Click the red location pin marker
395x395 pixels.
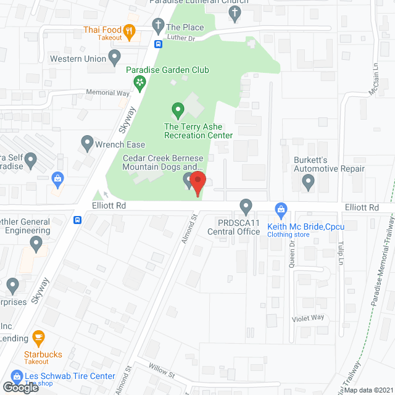(197, 184)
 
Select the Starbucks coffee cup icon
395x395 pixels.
(39, 338)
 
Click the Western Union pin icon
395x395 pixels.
(114, 58)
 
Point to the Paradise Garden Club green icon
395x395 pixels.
(141, 81)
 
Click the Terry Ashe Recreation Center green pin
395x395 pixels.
(178, 111)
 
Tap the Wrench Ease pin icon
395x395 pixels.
(87, 143)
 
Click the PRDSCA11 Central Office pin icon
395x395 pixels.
(246, 206)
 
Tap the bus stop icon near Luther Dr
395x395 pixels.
(159, 44)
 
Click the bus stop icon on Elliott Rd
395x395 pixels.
(78, 220)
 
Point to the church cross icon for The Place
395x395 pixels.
(158, 26)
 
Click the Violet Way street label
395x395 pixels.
(308, 318)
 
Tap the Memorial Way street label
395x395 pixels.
(109, 93)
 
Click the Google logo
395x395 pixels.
(20, 387)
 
